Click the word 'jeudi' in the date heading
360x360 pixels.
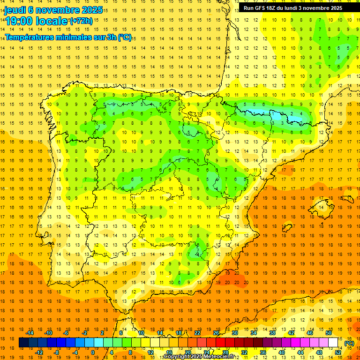[x=15, y=10]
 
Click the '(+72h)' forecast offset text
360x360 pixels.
[x=81, y=21]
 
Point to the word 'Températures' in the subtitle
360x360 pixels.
[x=28, y=37]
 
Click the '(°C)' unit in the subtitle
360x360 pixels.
[x=125, y=37]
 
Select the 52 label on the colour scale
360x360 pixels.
[x=338, y=352]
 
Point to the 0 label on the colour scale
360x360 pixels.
[x=92, y=352]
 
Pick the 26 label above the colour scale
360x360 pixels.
[x=216, y=333]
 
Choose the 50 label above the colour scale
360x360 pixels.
[x=329, y=333]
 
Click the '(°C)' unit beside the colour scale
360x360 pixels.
[x=349, y=343]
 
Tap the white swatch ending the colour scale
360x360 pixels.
[x=333, y=343]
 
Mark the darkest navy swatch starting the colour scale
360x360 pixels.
[x=23, y=343]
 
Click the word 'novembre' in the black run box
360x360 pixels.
[x=319, y=8]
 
